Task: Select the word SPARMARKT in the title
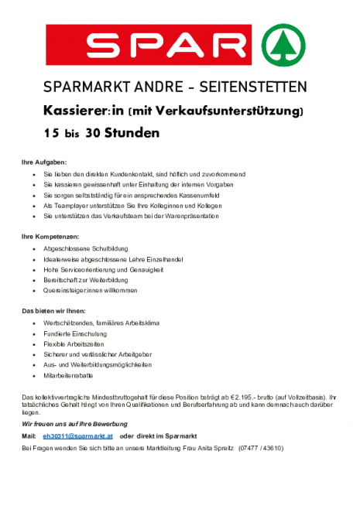tap(80, 86)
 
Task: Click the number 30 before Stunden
tap(96, 132)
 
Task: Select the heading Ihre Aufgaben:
tap(44, 162)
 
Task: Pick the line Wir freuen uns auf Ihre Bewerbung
tap(75, 424)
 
